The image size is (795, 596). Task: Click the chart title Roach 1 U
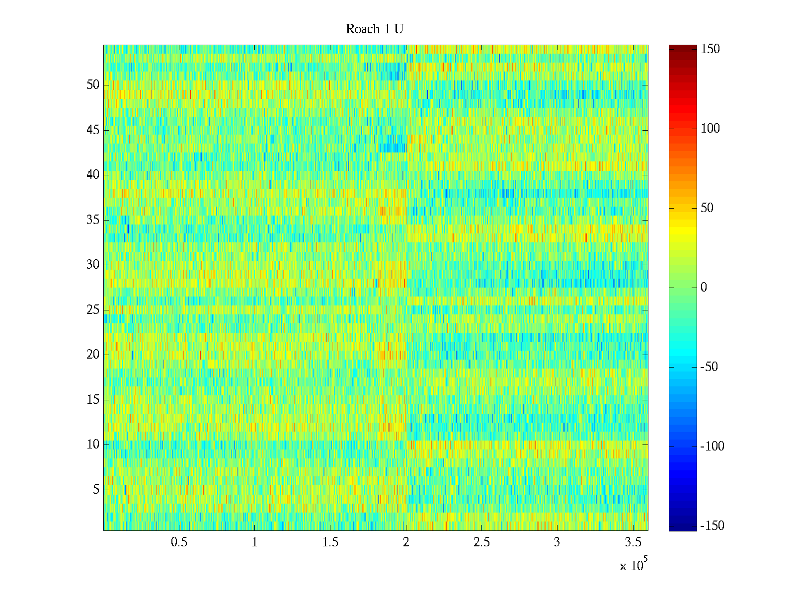374,29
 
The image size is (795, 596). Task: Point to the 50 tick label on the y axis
93,85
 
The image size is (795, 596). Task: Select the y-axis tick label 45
93,130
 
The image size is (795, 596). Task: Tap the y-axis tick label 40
93,175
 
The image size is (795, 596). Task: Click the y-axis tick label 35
93,220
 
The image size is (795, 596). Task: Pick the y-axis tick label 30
93,265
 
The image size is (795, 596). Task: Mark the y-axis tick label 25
93,310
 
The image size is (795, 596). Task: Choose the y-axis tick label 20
93,355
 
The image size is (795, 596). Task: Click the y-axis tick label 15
93,400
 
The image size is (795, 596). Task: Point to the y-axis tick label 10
93,445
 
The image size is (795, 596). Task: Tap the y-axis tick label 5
96,490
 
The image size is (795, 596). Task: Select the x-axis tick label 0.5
179,542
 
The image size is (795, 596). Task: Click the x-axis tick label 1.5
330,542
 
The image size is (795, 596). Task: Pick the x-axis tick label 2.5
481,542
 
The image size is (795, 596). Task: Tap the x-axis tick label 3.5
633,542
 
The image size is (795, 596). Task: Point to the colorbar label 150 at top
710,49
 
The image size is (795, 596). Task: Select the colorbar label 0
704,288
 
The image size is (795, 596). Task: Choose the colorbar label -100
712,447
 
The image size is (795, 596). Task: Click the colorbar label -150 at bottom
712,526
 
